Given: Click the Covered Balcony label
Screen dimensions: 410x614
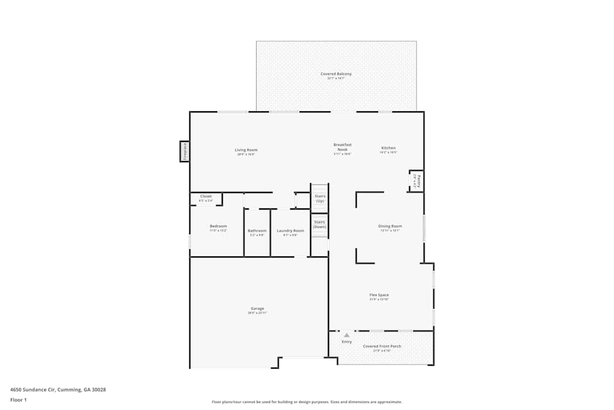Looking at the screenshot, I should click(336, 74).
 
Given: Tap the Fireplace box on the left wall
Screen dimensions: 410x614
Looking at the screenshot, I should click(184, 151).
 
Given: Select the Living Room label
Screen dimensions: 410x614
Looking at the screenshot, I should click(246, 150).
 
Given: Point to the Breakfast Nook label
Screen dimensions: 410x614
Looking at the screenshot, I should click(343, 147).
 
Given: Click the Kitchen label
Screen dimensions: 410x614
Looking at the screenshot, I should click(389, 148).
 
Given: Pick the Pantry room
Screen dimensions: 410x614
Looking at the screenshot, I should click(417, 181).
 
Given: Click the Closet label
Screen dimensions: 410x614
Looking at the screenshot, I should click(206, 197).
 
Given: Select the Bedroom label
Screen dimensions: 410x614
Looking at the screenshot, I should click(218, 226).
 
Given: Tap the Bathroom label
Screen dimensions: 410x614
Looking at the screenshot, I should click(257, 231).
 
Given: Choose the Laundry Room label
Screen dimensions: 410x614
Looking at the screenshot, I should click(290, 231).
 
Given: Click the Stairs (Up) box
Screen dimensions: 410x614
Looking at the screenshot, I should click(320, 198).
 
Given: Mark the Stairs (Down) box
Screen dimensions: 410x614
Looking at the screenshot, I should click(319, 224).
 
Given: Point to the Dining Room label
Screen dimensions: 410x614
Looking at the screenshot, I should click(390, 227).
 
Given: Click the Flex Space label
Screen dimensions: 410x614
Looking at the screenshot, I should click(379, 295).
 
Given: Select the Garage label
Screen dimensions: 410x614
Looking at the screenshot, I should click(257, 309).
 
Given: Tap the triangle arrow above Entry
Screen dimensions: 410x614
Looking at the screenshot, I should click(346, 335).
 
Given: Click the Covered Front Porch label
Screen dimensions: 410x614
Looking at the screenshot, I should click(382, 346).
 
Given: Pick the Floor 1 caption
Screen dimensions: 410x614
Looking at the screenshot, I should click(18, 400).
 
